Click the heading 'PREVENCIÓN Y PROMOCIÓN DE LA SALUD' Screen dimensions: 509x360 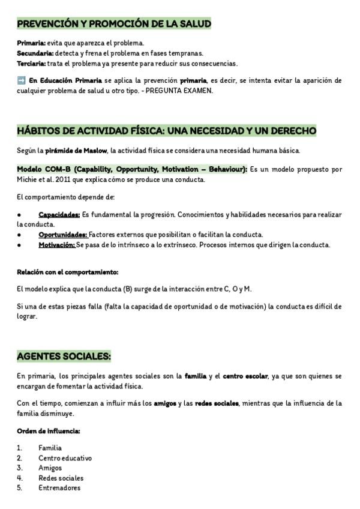click(x=114, y=24)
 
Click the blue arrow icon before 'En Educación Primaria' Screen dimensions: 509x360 click(x=21, y=80)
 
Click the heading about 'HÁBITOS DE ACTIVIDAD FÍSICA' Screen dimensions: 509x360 click(x=166, y=131)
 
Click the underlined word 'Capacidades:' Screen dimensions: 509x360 click(x=59, y=214)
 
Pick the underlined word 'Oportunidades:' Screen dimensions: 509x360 click(x=63, y=235)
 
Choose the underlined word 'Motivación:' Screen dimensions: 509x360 click(x=57, y=245)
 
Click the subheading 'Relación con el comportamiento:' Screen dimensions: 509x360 click(x=67, y=272)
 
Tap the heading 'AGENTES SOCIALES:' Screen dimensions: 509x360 click(x=64, y=357)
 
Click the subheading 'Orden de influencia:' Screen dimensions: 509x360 click(x=49, y=431)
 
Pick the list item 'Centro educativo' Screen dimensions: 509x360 click(x=65, y=458)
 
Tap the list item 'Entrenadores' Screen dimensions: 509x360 click(x=59, y=488)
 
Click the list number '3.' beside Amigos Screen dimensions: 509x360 click(x=20, y=468)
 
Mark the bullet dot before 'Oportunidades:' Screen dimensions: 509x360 click(x=19, y=235)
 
